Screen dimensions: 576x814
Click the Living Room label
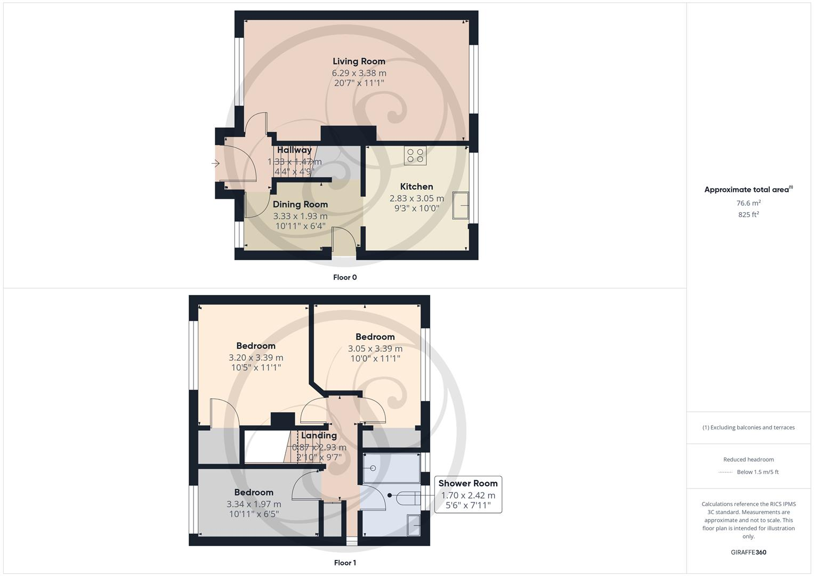click(359, 61)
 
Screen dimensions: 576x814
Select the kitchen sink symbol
click(461, 205)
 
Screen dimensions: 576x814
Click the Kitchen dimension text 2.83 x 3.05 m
click(416, 198)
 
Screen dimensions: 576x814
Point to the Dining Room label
click(300, 204)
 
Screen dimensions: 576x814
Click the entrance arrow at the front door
click(216, 163)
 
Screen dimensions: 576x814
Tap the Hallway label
click(294, 150)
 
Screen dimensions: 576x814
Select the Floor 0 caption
click(345, 277)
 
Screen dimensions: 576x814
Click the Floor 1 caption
click(345, 563)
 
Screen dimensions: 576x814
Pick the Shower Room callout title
click(468, 483)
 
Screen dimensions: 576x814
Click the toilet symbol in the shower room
click(408, 497)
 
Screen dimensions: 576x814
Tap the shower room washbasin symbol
click(414, 525)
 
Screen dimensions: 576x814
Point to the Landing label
click(319, 435)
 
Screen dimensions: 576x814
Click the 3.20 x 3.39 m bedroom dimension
click(256, 357)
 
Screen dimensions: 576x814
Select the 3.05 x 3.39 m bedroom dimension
click(375, 348)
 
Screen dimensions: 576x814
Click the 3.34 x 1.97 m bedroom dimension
click(254, 504)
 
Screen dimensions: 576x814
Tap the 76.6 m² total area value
click(748, 203)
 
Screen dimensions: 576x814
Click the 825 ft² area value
click(748, 214)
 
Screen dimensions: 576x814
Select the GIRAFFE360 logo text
click(748, 553)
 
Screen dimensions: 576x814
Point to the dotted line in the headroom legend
click(726, 472)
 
